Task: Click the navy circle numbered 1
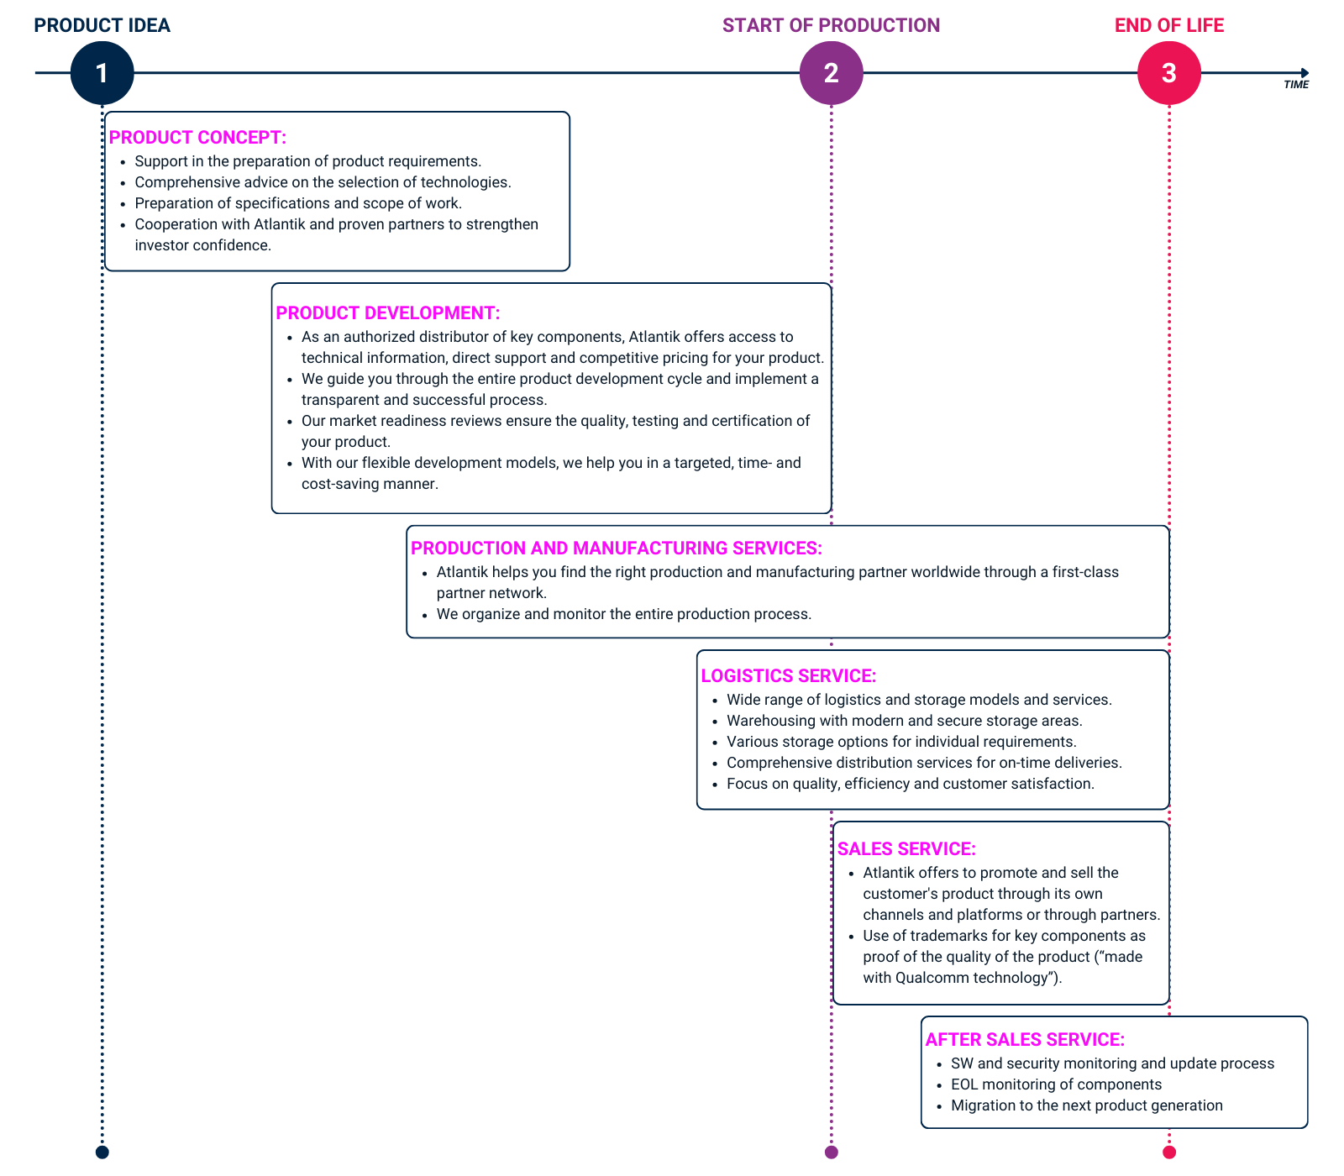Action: coord(102,73)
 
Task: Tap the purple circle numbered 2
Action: coord(831,73)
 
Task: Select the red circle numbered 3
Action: coord(1168,73)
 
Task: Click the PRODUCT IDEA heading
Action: coord(102,25)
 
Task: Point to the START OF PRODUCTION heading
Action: coord(831,25)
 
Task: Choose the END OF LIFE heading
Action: coord(1168,25)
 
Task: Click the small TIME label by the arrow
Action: coord(1296,85)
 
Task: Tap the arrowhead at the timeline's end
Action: coord(1305,73)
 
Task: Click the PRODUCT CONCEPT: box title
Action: coord(197,138)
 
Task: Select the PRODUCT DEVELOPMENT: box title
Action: coord(388,313)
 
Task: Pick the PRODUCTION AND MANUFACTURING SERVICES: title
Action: coord(617,549)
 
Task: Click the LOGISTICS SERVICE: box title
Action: coord(789,676)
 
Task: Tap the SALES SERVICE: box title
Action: coord(906,849)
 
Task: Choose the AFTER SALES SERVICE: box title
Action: coord(1025,1040)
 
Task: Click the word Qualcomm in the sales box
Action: coord(932,978)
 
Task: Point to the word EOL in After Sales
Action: coord(964,1084)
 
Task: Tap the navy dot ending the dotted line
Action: coord(102,1152)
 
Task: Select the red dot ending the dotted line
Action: coord(1168,1152)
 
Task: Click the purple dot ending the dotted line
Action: coord(831,1152)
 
